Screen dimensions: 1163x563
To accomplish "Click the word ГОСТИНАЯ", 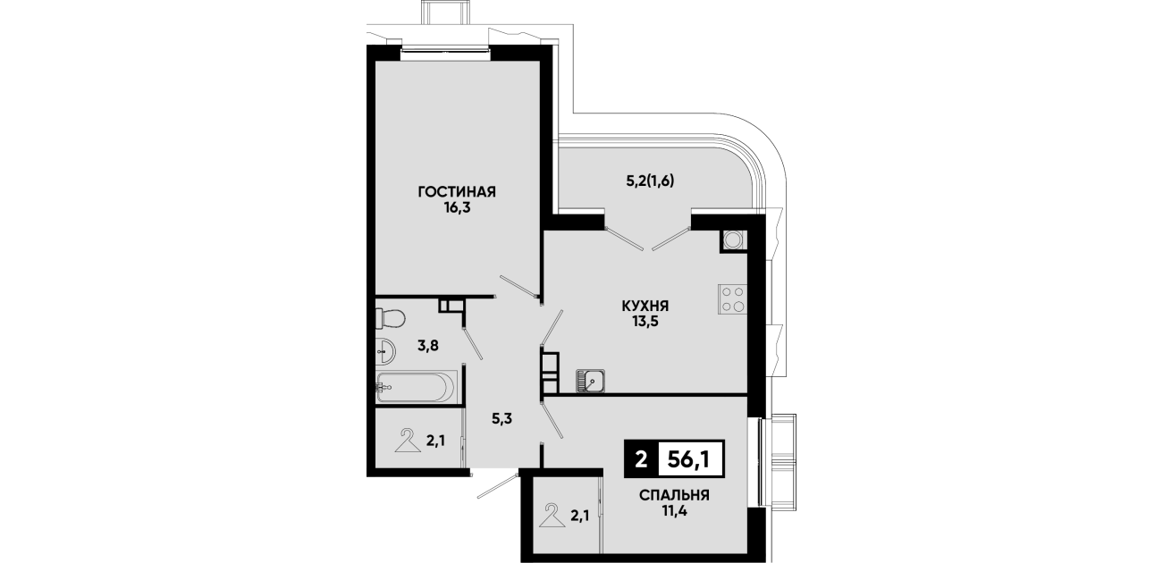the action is (x=457, y=192).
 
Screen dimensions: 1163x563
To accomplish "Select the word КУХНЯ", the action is (x=645, y=307).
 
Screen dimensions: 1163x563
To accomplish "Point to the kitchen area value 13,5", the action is (x=645, y=322).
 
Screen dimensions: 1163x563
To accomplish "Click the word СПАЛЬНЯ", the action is (x=674, y=496).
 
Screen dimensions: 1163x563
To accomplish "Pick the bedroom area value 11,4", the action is (x=674, y=512).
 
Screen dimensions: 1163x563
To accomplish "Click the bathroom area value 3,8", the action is (x=428, y=345).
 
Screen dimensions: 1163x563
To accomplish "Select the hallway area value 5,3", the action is (x=502, y=418).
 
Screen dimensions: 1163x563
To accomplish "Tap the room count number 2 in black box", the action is (x=641, y=459).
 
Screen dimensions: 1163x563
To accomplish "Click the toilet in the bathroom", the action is (x=390, y=318).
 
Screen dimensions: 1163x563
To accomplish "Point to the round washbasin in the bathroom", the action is (x=384, y=352).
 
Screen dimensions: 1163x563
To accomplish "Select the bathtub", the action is (x=416, y=386).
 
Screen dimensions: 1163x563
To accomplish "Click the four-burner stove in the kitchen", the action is (x=732, y=299).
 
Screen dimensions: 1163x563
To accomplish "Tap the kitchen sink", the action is (x=590, y=382).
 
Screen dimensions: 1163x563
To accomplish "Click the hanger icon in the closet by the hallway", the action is (x=408, y=441).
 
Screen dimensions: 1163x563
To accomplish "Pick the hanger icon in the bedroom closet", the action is (x=552, y=516).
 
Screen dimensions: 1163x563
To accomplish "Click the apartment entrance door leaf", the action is (x=499, y=485).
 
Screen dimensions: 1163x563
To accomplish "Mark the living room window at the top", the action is (x=445, y=50).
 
